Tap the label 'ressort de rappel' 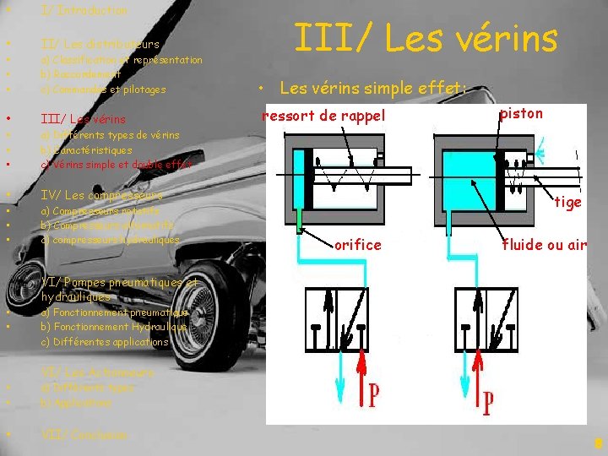pyautogui.click(x=323, y=116)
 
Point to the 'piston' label pyautogui.click(x=521, y=113)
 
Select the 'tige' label pyautogui.click(x=567, y=202)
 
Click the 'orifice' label pyautogui.click(x=357, y=245)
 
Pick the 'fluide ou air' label pyautogui.click(x=544, y=245)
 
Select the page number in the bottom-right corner pyautogui.click(x=598, y=442)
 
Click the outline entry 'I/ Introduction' pyautogui.click(x=84, y=11)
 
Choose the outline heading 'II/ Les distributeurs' pyautogui.click(x=100, y=43)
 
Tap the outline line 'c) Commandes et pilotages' pyautogui.click(x=103, y=89)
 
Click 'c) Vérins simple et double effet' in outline pyautogui.click(x=117, y=165)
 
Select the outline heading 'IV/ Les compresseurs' pyautogui.click(x=101, y=195)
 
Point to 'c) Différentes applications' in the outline pyautogui.click(x=104, y=342)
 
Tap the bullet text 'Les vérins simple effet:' pyautogui.click(x=372, y=86)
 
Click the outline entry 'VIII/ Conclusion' pyautogui.click(x=84, y=435)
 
